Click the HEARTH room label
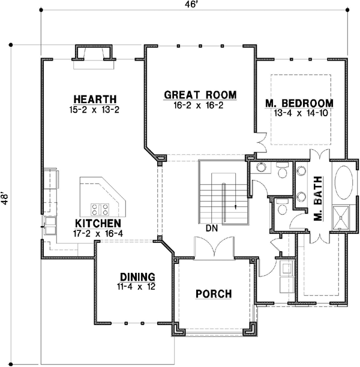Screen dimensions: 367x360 (x=94, y=99)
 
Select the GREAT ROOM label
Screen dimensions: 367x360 (x=200, y=95)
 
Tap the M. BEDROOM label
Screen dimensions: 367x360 (x=299, y=103)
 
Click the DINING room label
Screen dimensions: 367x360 (x=137, y=277)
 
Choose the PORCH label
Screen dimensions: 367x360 (x=214, y=293)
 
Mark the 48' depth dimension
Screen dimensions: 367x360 (x=6, y=199)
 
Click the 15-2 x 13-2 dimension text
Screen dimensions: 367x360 (x=94, y=109)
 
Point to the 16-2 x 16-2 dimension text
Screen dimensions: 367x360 (x=200, y=105)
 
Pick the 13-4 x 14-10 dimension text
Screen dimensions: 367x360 (x=299, y=113)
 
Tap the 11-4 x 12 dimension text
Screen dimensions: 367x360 (x=137, y=287)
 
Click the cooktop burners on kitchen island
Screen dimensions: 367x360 (x=100, y=209)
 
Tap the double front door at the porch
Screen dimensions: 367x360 (x=214, y=249)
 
